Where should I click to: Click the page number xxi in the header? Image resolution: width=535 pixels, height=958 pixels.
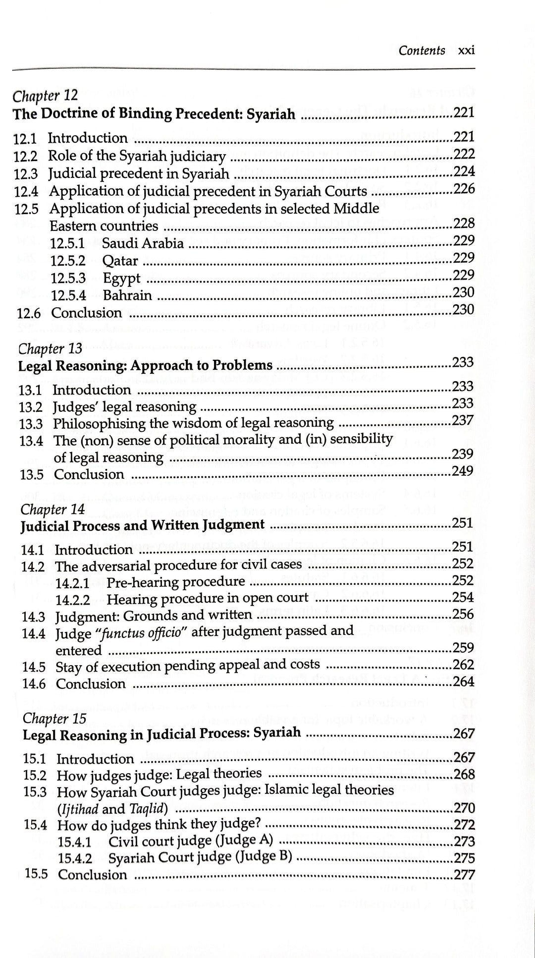[x=467, y=51]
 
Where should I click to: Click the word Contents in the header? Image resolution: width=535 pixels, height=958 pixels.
[x=422, y=51]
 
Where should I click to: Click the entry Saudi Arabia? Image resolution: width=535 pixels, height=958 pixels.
[x=143, y=243]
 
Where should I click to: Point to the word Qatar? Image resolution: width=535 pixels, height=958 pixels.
[x=120, y=261]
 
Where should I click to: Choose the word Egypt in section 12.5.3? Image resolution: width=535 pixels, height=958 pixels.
[x=122, y=278]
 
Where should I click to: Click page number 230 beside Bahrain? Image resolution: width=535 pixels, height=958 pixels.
[x=464, y=292]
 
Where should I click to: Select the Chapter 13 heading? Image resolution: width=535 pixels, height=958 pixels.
[x=50, y=348]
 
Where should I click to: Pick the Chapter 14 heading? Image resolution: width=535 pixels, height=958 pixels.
[x=53, y=509]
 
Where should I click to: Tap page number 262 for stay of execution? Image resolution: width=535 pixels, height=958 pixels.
[x=464, y=665]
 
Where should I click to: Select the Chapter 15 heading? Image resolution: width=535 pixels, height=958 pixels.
[x=54, y=718]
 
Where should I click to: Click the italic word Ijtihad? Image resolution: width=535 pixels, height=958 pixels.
[x=79, y=809]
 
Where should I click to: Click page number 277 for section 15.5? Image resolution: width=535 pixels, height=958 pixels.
[x=464, y=875]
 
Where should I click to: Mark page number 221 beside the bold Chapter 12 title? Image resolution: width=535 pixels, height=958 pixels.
[x=464, y=113]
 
